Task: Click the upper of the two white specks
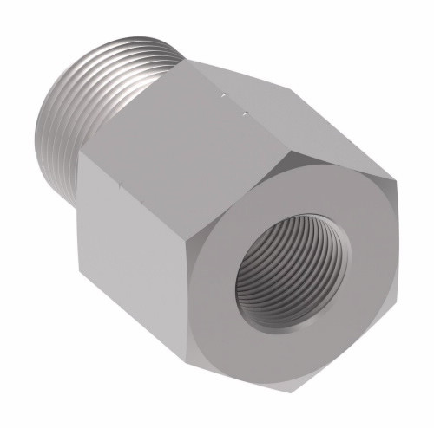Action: pyautogui.click(x=224, y=90)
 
